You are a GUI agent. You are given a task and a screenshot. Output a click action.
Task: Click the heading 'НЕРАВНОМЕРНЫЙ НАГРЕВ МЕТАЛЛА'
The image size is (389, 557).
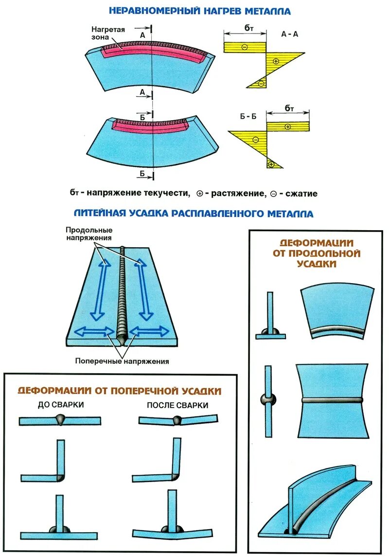pyautogui.click(x=200, y=10)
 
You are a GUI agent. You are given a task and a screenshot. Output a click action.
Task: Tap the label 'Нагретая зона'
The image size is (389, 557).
pyautogui.click(x=108, y=33)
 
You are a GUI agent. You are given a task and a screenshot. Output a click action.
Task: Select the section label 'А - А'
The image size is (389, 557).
pyautogui.click(x=290, y=35)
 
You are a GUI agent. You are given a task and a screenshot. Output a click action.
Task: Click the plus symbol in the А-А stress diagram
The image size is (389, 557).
pyautogui.click(x=276, y=61)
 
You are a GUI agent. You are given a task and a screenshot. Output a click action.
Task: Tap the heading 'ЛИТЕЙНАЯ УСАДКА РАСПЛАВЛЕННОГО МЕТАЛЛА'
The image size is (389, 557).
pyautogui.click(x=194, y=214)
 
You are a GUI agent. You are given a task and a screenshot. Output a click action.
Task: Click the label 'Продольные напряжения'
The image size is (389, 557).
pyautogui.click(x=89, y=234)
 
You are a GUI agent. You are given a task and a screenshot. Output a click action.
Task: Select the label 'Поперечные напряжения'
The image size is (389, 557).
pyautogui.click(x=122, y=361)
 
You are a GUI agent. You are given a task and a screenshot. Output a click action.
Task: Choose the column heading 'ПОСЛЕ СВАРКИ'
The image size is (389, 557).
pyautogui.click(x=177, y=405)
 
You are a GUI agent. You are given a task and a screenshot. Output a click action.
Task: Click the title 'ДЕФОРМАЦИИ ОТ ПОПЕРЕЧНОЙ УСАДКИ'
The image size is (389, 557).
pyautogui.click(x=120, y=391)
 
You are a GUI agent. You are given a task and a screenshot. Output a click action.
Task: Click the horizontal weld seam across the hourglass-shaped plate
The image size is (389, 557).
pyautogui.click(x=333, y=400)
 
